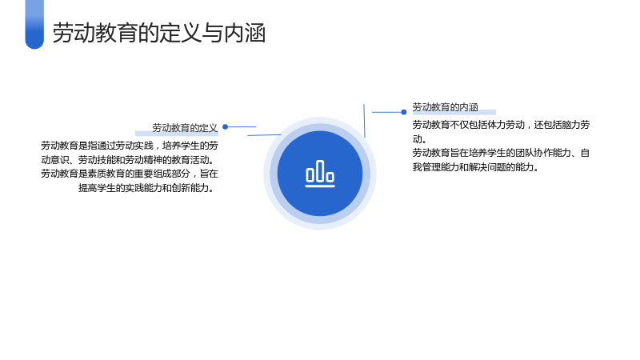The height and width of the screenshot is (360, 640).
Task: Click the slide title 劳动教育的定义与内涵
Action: point(159,33)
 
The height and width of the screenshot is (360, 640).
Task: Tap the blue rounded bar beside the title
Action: point(34,24)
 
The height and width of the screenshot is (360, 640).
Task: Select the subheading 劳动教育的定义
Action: point(185,128)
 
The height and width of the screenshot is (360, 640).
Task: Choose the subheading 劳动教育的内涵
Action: point(445,107)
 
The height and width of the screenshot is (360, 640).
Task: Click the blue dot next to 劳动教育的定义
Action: point(226,127)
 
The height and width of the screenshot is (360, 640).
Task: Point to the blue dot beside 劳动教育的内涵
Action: point(404,112)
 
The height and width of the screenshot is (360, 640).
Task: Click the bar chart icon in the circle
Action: point(320,174)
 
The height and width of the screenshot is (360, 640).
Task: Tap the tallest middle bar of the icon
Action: point(320,170)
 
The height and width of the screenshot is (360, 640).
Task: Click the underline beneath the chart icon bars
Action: point(320,186)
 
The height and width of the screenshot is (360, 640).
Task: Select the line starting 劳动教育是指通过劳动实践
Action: point(130,146)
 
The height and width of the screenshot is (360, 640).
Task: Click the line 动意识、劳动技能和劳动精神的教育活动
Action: point(127,159)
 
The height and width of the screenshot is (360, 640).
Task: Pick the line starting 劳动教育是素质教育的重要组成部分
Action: point(130,174)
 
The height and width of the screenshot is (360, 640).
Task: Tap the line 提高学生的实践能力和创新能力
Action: point(146,188)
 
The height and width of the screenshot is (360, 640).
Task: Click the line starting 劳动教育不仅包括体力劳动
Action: point(501,125)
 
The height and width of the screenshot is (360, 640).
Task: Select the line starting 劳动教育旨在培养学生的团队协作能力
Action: point(501,153)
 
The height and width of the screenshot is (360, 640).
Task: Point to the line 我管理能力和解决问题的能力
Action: point(475,167)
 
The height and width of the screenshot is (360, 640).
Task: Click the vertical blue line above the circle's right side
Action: point(364,121)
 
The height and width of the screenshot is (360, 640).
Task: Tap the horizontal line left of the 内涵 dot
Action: point(386,112)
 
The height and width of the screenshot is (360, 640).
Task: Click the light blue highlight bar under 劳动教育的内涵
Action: point(454,112)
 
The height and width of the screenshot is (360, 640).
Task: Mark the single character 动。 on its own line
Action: point(419,138)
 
